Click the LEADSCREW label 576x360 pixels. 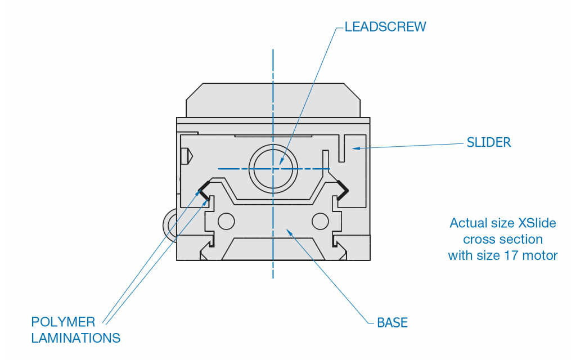(x=385, y=27)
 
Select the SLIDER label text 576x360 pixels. (x=489, y=142)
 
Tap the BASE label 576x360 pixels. (x=392, y=323)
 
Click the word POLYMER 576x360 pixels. (x=63, y=322)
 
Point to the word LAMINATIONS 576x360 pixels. (x=75, y=338)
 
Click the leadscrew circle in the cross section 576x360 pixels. (x=273, y=168)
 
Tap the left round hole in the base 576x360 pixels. (x=226, y=221)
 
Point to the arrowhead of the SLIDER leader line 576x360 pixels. (x=354, y=148)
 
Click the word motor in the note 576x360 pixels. (x=541, y=255)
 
